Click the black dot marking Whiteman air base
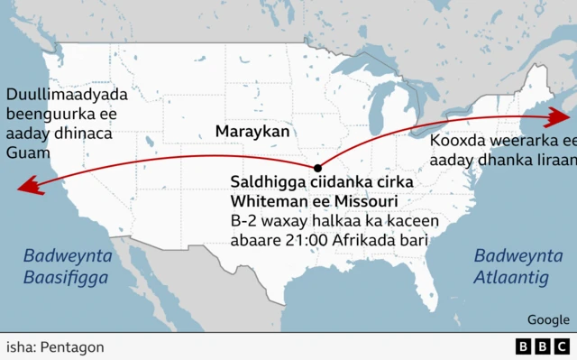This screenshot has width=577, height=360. [x=317, y=167]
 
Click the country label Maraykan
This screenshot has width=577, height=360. [x=252, y=132]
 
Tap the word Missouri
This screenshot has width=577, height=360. [x=367, y=200]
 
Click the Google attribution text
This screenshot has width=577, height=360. [x=548, y=319]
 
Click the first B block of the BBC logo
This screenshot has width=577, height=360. [x=525, y=346]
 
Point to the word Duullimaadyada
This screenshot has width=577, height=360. [x=66, y=95]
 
